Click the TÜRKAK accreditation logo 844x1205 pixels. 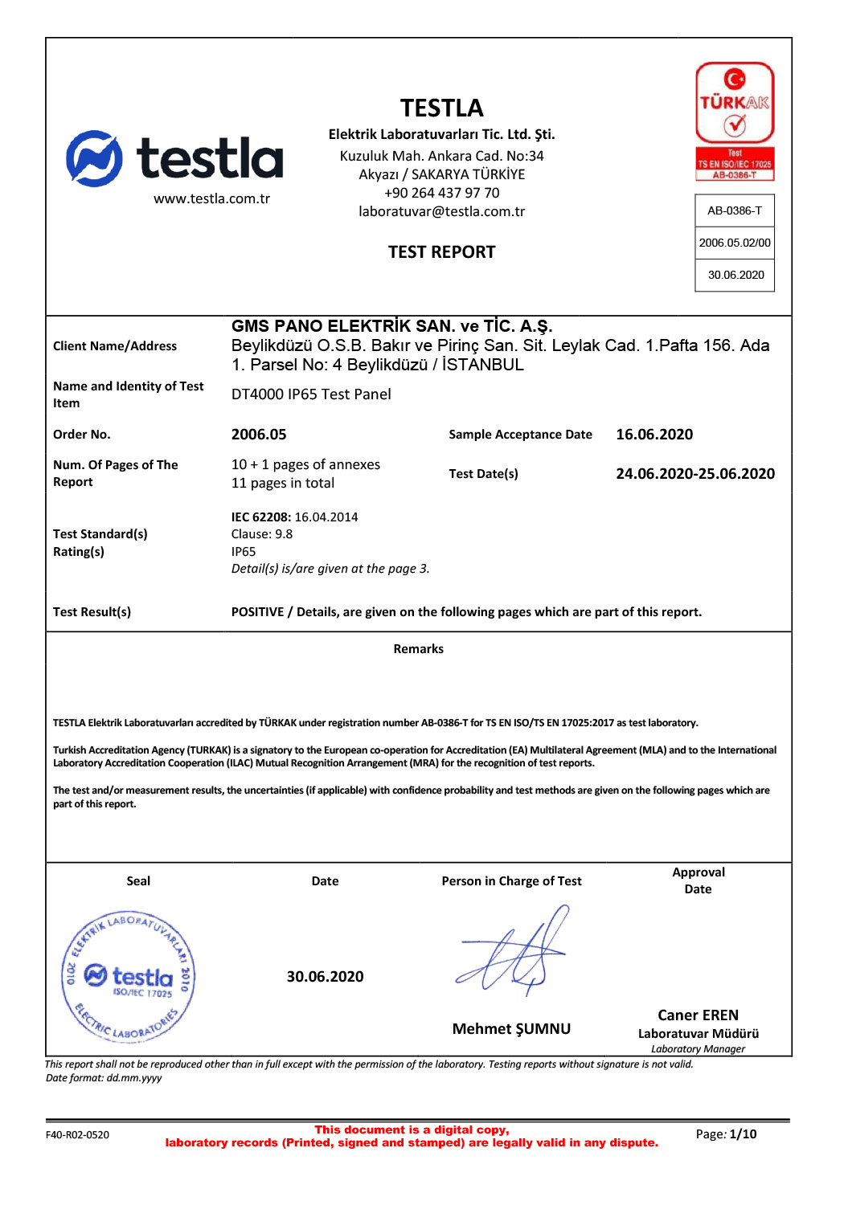tap(735, 120)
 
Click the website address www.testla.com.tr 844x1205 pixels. tap(211, 198)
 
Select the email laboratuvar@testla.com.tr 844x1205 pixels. tap(441, 211)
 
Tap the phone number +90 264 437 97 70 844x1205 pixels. tap(441, 193)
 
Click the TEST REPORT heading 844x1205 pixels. tap(441, 252)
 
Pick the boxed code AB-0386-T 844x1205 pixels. tap(735, 210)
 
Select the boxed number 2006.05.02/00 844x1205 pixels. tap(735, 243)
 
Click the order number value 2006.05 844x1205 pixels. tap(259, 435)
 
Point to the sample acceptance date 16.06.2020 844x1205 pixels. tap(654, 435)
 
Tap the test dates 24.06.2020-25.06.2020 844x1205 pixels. tap(695, 474)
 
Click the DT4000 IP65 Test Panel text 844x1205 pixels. tap(311, 394)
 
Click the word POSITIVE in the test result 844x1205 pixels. tap(257, 612)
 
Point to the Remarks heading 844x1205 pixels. tap(418, 649)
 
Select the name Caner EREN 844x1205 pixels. tap(698, 1015)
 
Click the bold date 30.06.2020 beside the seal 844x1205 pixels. tap(325, 977)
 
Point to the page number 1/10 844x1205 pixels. tap(742, 1134)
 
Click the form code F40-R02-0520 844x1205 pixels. tap(77, 1135)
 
